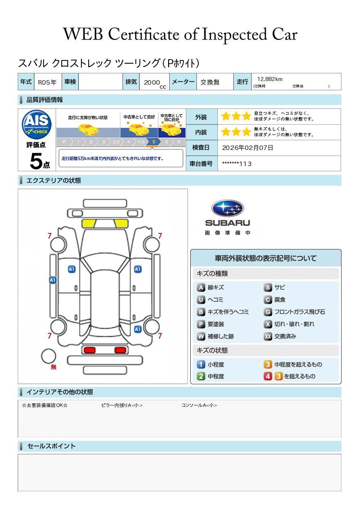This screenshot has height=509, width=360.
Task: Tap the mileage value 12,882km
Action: [270, 79]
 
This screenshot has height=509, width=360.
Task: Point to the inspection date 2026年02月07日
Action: [248, 148]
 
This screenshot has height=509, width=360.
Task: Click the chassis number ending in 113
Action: [237, 164]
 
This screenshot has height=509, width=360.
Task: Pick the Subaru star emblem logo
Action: [227, 208]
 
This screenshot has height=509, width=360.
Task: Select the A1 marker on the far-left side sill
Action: [53, 280]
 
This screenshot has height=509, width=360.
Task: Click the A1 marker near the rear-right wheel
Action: [137, 329]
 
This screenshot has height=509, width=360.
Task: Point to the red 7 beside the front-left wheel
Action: [50, 236]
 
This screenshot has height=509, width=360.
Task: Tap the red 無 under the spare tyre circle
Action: [54, 367]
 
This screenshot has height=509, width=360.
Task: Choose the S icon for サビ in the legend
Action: [268, 288]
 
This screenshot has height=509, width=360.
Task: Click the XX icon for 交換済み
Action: [268, 336]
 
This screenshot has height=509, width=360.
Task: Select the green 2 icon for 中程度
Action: [201, 376]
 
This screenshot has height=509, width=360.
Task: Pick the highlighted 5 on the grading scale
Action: [154, 142]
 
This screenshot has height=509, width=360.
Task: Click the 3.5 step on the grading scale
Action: [116, 142]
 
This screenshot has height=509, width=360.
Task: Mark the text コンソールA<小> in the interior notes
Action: [199, 405]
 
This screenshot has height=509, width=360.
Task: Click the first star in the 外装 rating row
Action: [225, 117]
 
